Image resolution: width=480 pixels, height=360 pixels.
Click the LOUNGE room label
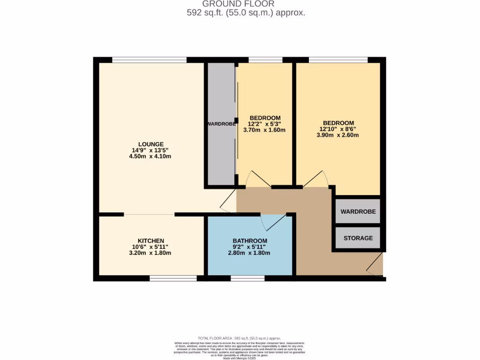click(x=150, y=144)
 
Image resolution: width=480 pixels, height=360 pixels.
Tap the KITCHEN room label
click(x=150, y=241)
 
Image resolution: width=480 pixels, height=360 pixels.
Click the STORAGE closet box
click(x=358, y=238)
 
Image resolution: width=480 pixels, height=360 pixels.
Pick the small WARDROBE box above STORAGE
click(x=358, y=212)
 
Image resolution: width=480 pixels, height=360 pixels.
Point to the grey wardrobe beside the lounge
click(x=221, y=124)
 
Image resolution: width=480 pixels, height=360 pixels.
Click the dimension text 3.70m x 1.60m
click(x=264, y=130)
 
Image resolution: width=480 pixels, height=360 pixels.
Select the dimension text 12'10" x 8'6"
click(x=337, y=129)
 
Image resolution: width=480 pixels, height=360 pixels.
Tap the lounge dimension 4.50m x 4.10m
click(x=150, y=157)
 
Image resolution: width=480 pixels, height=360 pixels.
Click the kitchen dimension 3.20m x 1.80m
click(x=150, y=253)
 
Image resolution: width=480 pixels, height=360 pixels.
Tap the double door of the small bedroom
click(x=258, y=180)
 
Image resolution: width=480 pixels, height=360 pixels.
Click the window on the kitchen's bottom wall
click(x=173, y=278)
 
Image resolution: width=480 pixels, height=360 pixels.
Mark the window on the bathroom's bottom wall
click(x=247, y=278)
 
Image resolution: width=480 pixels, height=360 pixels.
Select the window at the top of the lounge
click(x=150, y=60)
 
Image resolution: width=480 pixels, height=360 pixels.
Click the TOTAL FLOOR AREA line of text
click(x=239, y=338)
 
